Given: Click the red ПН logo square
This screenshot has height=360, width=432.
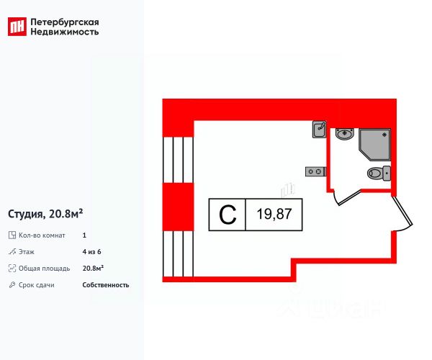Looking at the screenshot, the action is click(x=17, y=27).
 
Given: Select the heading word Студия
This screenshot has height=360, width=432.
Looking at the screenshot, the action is click(x=26, y=213).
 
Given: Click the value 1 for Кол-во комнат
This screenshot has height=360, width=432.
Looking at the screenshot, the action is click(x=85, y=235).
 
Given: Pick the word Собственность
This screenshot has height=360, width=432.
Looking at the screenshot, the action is click(x=106, y=285).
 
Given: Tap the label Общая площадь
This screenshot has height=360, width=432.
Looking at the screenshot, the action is click(x=44, y=269).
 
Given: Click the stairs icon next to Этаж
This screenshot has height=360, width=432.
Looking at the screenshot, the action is click(x=12, y=252).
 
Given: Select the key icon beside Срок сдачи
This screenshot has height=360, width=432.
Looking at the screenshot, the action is click(x=12, y=285).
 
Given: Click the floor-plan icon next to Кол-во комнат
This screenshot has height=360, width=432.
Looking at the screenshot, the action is click(x=12, y=235).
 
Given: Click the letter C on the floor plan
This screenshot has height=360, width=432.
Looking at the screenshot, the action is click(x=227, y=215).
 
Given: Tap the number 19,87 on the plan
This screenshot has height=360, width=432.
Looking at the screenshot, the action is click(x=274, y=215).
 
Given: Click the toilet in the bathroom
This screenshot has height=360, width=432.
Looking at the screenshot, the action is click(x=379, y=173).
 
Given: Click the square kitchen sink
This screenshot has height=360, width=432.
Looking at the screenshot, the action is click(x=320, y=130).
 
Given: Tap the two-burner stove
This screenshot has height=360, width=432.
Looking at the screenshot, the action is click(x=315, y=171).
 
